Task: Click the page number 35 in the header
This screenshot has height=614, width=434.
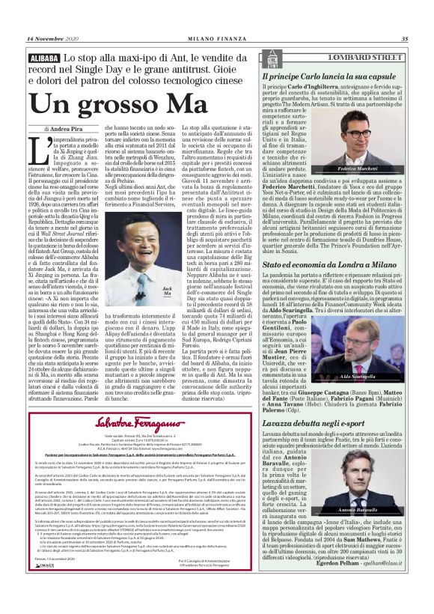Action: [405, 39]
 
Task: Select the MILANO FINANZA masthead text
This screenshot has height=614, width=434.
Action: [217, 39]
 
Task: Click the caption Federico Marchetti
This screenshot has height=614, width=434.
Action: [376, 170]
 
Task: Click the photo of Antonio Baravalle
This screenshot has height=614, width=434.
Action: [377, 480]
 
